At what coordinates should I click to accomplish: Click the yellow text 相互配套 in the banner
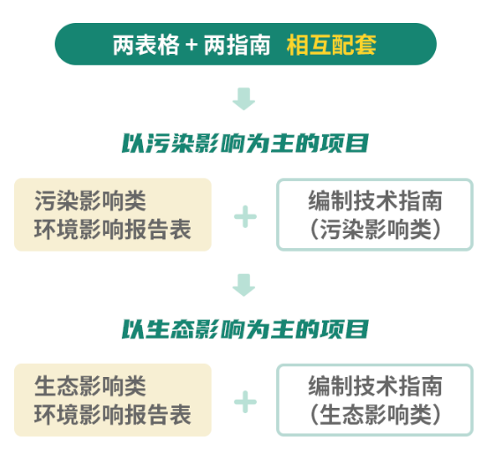[x=332, y=45]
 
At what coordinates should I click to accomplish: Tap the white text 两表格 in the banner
[x=146, y=45]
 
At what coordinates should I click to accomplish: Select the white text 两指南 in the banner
[x=237, y=45]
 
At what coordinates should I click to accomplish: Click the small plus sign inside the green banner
[x=191, y=45]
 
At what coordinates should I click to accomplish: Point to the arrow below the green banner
[x=244, y=99]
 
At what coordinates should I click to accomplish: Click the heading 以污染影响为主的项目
[x=245, y=143]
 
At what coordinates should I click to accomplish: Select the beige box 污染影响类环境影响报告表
[x=113, y=215]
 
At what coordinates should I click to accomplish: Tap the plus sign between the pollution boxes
[x=245, y=216]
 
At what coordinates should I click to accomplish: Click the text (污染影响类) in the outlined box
[x=375, y=230]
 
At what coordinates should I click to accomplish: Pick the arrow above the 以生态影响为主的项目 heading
[x=244, y=285]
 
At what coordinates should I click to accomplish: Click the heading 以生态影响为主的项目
[x=245, y=329]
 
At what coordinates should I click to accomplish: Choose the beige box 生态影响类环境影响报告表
[x=113, y=400]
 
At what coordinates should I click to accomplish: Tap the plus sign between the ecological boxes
[x=245, y=402]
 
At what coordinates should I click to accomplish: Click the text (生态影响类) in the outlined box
[x=375, y=415]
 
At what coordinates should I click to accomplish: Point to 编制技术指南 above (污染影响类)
[x=375, y=200]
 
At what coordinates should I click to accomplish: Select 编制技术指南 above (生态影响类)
[x=375, y=386]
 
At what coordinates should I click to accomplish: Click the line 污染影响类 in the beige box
[x=90, y=200]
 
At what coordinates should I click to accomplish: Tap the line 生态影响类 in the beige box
[x=90, y=386]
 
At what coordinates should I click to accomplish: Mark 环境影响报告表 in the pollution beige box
[x=113, y=230]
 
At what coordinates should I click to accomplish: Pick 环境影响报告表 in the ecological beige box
[x=113, y=415]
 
